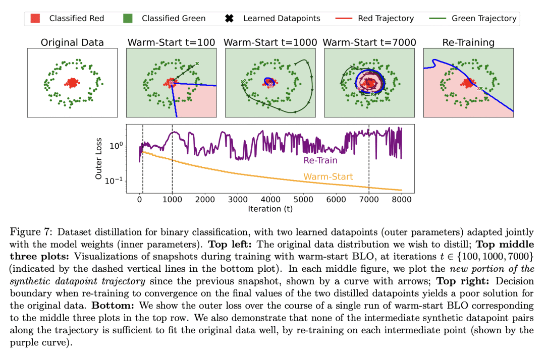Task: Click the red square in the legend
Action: click(x=35, y=19)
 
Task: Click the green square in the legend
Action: click(x=128, y=19)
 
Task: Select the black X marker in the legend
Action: click(x=229, y=19)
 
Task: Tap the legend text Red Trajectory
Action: click(x=386, y=19)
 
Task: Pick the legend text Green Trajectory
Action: click(x=484, y=19)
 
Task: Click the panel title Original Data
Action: click(x=72, y=42)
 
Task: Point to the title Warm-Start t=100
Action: click(x=171, y=42)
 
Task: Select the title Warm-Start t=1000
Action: click(x=270, y=42)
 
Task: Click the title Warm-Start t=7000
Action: click(x=369, y=42)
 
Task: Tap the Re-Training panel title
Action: click(x=468, y=42)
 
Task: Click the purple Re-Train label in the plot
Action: click(x=320, y=161)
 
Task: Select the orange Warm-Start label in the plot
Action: click(x=328, y=177)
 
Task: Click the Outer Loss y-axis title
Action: click(x=99, y=160)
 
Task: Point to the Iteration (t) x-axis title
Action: click(x=270, y=208)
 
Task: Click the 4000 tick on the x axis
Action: click(x=270, y=199)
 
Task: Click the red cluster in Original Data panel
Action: click(x=73, y=82)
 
